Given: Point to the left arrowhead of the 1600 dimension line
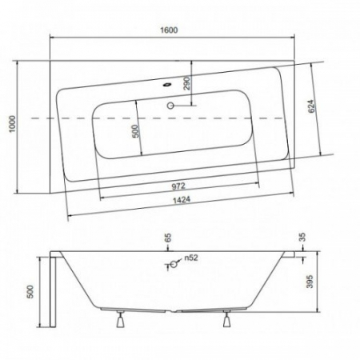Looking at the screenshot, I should (x=54, y=37).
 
